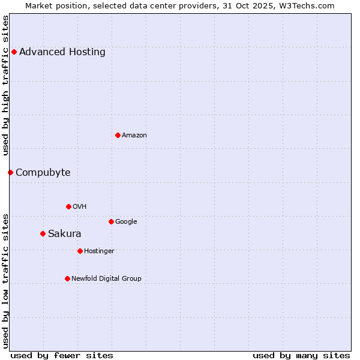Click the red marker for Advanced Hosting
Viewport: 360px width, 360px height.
(x=14, y=52)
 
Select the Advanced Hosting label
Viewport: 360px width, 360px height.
(x=62, y=52)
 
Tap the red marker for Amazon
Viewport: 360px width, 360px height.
(x=118, y=135)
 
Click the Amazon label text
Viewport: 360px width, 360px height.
(x=134, y=136)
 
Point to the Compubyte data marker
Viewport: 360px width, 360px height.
(x=10, y=172)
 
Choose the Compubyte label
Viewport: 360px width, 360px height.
(x=43, y=173)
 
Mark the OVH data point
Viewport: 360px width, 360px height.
(x=68, y=206)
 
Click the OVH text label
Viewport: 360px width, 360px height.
(x=80, y=207)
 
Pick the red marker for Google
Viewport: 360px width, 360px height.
(x=111, y=221)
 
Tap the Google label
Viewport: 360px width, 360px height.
(x=126, y=222)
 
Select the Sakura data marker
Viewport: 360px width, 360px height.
(x=43, y=233)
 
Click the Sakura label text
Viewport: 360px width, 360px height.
(x=65, y=234)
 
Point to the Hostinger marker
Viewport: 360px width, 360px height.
(x=80, y=251)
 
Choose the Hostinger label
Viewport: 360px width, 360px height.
(x=99, y=251)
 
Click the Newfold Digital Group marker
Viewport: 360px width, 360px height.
(x=67, y=278)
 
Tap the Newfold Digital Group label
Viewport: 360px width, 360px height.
(x=107, y=279)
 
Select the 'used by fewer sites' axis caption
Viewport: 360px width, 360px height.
(x=62, y=355)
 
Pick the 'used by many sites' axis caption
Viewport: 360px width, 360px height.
(x=301, y=355)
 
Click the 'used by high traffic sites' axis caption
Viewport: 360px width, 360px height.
(x=6, y=85)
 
